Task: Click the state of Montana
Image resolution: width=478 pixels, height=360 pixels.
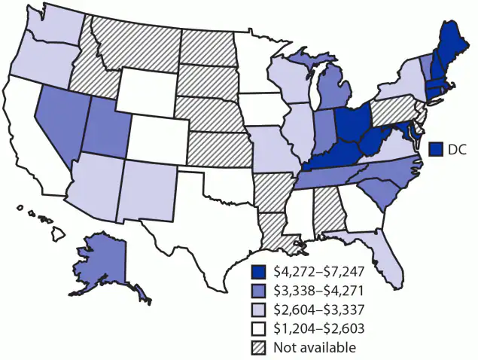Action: pyautogui.click(x=139, y=41)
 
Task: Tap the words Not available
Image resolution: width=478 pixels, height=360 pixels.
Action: pyautogui.click(x=315, y=347)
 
